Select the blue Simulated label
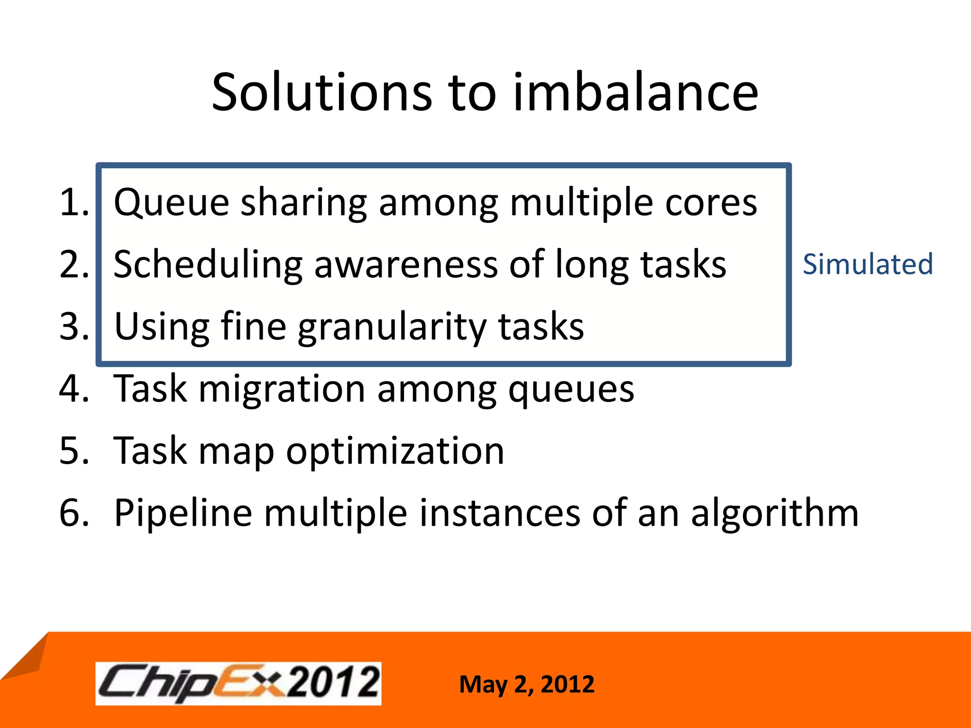tap(868, 264)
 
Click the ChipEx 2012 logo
tap(238, 683)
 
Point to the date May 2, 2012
tap(527, 684)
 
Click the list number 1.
tap(73, 202)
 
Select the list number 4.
tap(73, 389)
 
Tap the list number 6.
tap(73, 513)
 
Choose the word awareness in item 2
tap(405, 264)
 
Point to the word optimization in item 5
tap(395, 452)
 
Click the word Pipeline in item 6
tap(183, 514)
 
